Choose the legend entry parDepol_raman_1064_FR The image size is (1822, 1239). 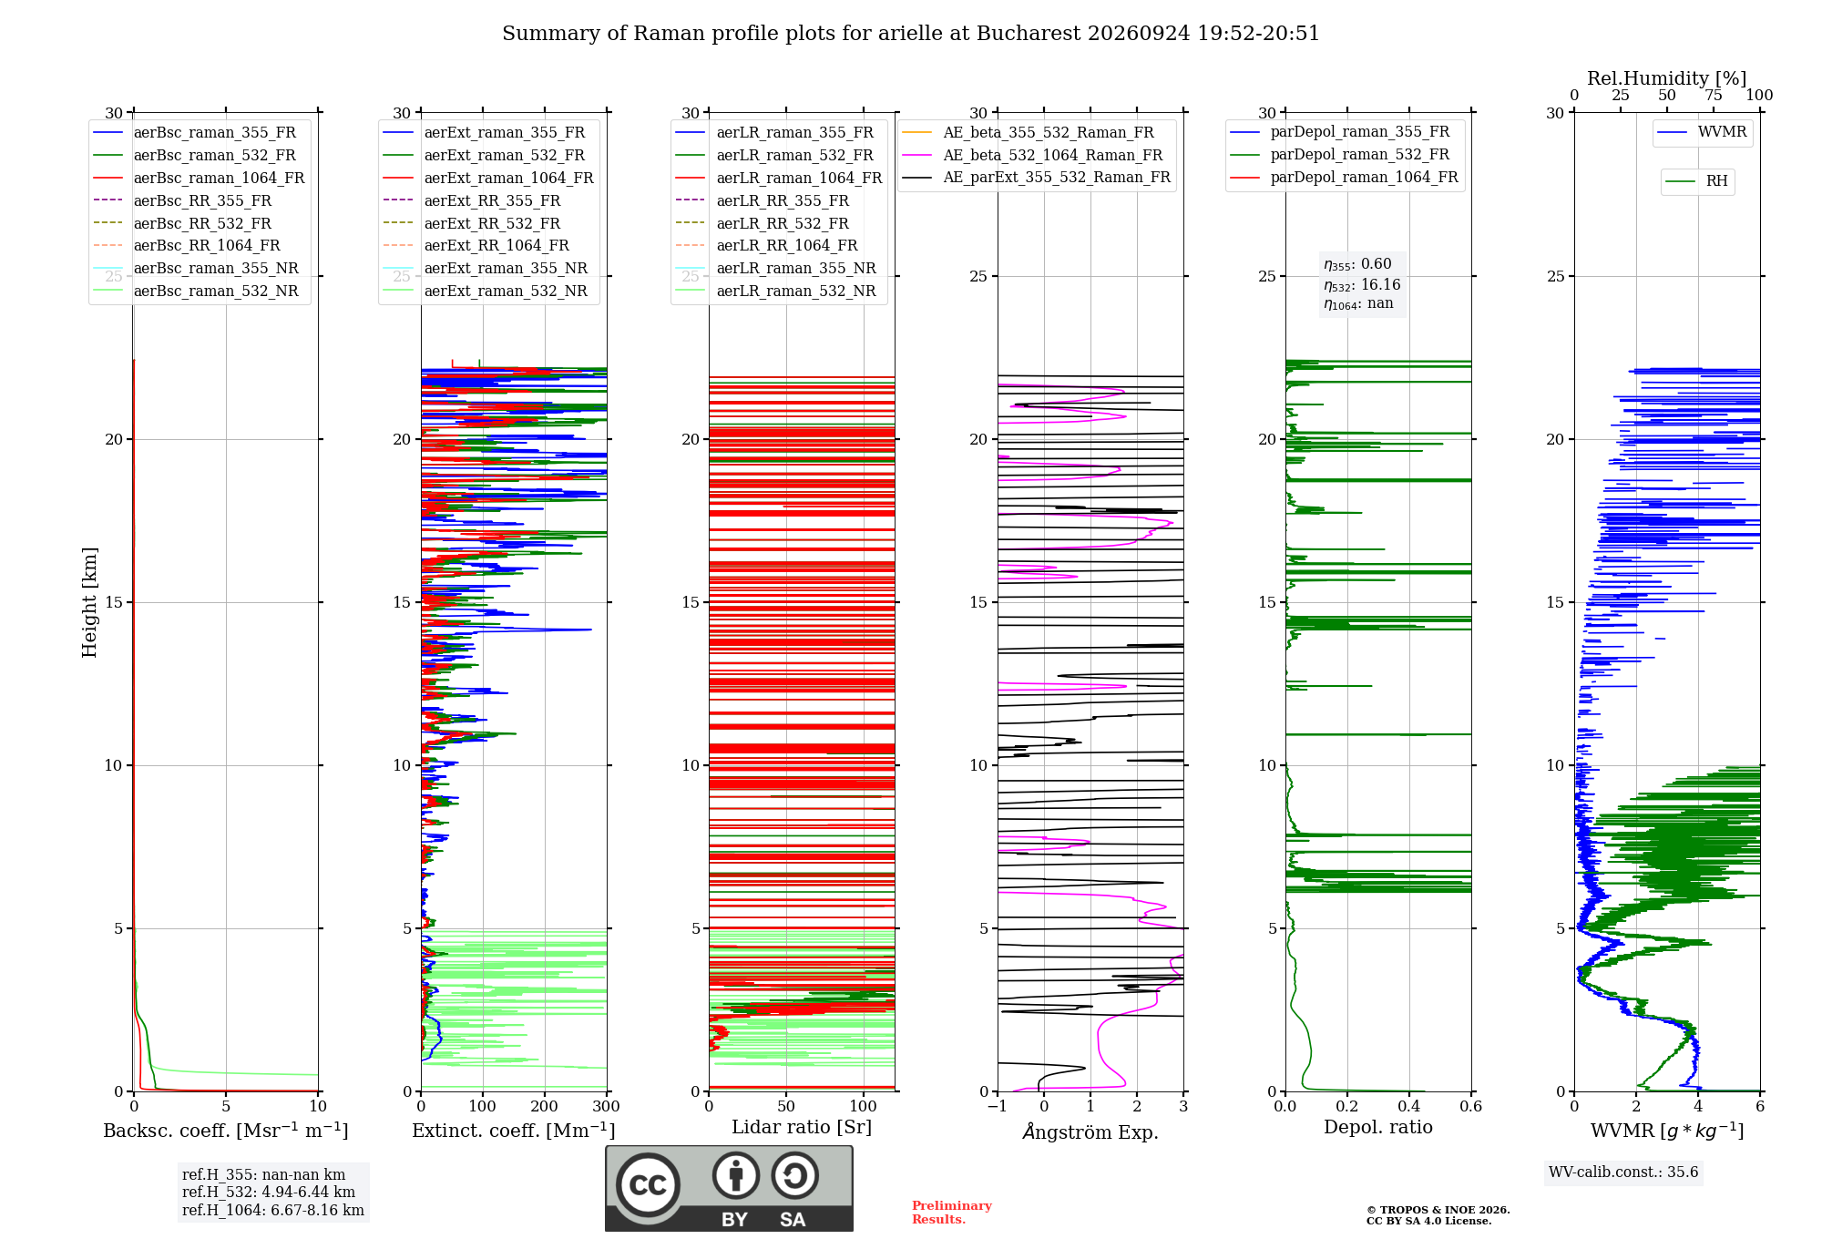[1344, 178]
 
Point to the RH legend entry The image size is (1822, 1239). [1696, 181]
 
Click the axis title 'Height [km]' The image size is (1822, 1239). [89, 602]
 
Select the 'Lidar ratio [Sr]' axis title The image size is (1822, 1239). [802, 1127]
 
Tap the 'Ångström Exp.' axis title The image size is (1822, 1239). [1090, 1131]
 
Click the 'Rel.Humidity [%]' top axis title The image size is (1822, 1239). [1667, 78]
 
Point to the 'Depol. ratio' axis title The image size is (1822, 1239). [1378, 1127]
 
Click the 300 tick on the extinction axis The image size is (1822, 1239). [606, 1106]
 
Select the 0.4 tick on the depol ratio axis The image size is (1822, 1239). [1409, 1106]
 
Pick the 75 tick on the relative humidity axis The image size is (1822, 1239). [1714, 96]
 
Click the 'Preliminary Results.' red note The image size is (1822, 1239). [952, 1213]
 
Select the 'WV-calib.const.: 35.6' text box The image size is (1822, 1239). [1623, 1172]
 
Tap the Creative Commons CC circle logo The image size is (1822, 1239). [648, 1185]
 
